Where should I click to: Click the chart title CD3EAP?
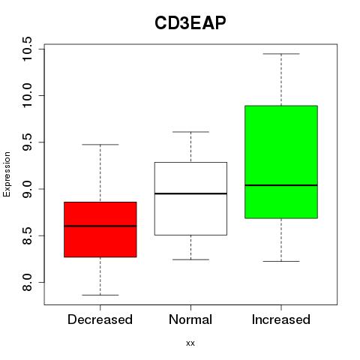click(x=190, y=23)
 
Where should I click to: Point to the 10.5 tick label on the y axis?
click(x=27, y=49)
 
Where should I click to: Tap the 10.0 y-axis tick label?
click(x=27, y=95)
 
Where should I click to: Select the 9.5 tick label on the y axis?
click(x=27, y=142)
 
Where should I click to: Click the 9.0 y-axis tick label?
click(x=27, y=189)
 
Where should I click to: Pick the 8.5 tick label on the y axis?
click(x=27, y=235)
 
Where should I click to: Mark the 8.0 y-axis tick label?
click(x=27, y=282)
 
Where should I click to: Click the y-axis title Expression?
click(x=7, y=175)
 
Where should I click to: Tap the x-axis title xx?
click(x=190, y=343)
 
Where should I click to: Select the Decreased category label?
click(x=100, y=319)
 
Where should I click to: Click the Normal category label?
click(x=190, y=319)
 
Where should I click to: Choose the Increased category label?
click(x=281, y=319)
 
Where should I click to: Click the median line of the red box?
click(x=100, y=226)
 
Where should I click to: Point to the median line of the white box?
click(x=190, y=193)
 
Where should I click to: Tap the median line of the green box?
click(x=281, y=185)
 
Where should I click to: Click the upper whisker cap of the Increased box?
click(x=281, y=54)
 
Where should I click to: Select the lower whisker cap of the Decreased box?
click(x=100, y=295)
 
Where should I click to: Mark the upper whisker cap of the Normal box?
click(x=190, y=132)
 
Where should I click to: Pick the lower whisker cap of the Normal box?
click(x=190, y=259)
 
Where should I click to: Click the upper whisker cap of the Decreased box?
click(x=100, y=145)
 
